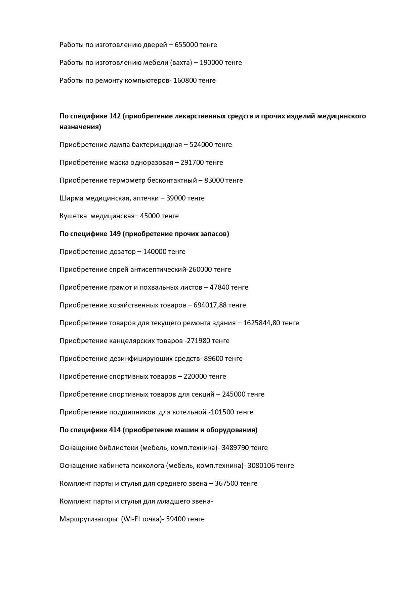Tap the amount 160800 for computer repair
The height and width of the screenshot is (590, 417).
(185, 80)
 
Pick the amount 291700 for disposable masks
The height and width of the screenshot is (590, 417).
(192, 162)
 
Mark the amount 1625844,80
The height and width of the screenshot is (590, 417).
(261, 323)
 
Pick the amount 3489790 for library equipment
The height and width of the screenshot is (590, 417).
(235, 448)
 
